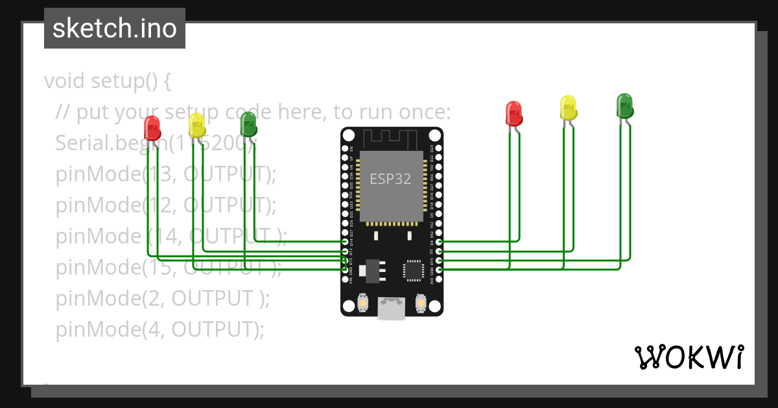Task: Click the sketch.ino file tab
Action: point(114,28)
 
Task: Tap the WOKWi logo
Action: point(688,357)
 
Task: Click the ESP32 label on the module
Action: point(390,179)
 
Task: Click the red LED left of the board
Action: point(152,128)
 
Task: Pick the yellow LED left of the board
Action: point(196,124)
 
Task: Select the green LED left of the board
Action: point(248,123)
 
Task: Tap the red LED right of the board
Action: point(513,113)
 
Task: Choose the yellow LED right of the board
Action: point(569,108)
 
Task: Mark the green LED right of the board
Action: point(624,105)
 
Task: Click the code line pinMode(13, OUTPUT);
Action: point(166,174)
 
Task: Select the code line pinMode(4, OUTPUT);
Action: point(160,330)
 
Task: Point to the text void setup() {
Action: point(108,81)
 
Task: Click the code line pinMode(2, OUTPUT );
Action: point(162,299)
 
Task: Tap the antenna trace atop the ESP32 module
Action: point(391,137)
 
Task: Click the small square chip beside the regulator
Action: point(412,270)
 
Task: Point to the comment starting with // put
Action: point(253,112)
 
